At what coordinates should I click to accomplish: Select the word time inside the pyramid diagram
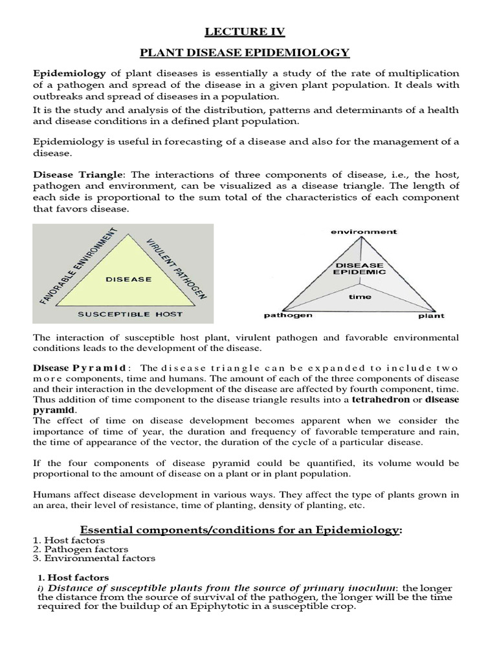(x=360, y=297)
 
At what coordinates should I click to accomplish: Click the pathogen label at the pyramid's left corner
(x=288, y=315)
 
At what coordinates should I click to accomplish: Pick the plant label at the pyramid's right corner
(x=431, y=316)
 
